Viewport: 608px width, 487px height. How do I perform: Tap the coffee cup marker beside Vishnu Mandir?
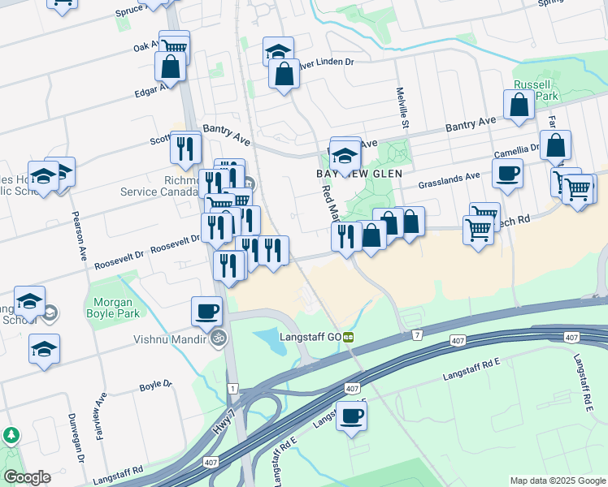coord(206,311)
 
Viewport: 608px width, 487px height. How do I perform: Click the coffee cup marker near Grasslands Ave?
coord(507,173)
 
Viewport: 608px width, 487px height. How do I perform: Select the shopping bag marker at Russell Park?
coord(519,104)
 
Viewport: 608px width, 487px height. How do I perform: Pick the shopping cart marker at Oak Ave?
coord(174,45)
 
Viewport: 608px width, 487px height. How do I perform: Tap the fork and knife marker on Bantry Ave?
coord(185,147)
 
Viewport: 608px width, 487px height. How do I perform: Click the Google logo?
coord(26,477)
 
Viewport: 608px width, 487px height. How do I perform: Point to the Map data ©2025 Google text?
coord(558,481)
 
